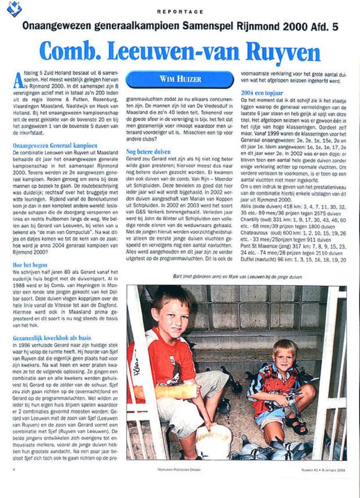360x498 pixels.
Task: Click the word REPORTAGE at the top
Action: [180, 11]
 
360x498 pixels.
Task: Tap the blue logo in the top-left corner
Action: [14, 8]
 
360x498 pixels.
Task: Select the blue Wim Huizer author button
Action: [180, 79]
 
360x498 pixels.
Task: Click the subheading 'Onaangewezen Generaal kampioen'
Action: [55, 145]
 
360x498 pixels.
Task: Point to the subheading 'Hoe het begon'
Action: [30, 265]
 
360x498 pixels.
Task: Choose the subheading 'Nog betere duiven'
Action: [148, 152]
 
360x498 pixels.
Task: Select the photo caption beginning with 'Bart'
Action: [237, 277]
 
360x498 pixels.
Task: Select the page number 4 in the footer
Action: [14, 469]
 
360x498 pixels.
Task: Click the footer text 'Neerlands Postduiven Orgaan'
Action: [179, 469]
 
